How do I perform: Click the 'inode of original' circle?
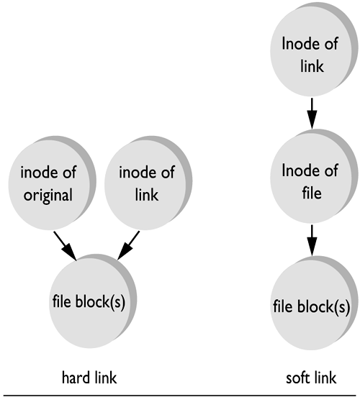tap(47, 185)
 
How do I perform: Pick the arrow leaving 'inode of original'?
tap(65, 245)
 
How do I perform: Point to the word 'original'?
tap(47, 196)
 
